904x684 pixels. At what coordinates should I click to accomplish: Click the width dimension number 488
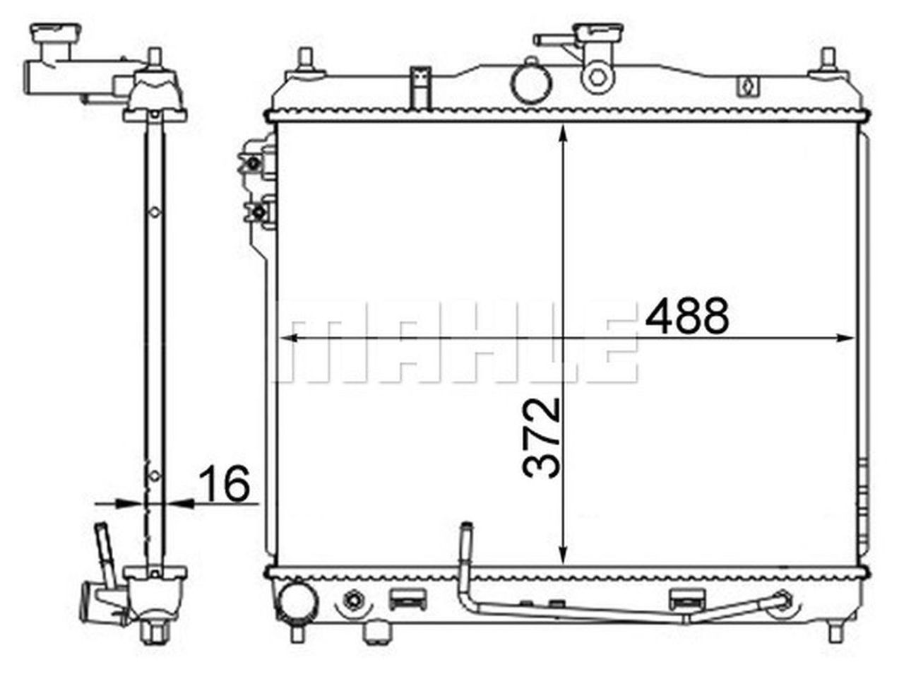tap(687, 316)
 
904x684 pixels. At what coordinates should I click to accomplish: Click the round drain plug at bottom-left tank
tap(297, 600)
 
